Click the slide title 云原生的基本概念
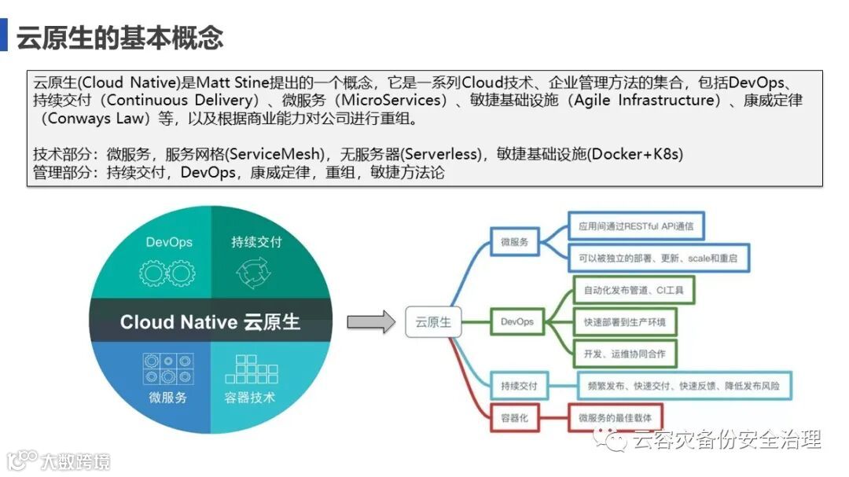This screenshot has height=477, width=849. pyautogui.click(x=119, y=38)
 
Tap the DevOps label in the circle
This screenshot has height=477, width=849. pyautogui.click(x=168, y=242)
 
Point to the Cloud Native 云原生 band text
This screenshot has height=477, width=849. pyautogui.click(x=210, y=322)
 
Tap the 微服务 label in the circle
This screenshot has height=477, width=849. pyautogui.click(x=168, y=397)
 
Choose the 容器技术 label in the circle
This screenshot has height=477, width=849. pyautogui.click(x=250, y=397)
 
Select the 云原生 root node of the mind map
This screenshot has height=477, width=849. pyautogui.click(x=433, y=322)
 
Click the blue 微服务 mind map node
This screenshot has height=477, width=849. pyautogui.click(x=514, y=243)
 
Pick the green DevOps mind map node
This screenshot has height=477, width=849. pyautogui.click(x=516, y=321)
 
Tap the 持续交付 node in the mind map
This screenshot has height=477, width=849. pyautogui.click(x=519, y=386)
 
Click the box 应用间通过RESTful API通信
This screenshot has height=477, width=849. pyautogui.click(x=636, y=226)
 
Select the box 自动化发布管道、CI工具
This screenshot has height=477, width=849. pyautogui.click(x=634, y=290)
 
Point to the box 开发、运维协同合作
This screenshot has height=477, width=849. pyautogui.click(x=624, y=354)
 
